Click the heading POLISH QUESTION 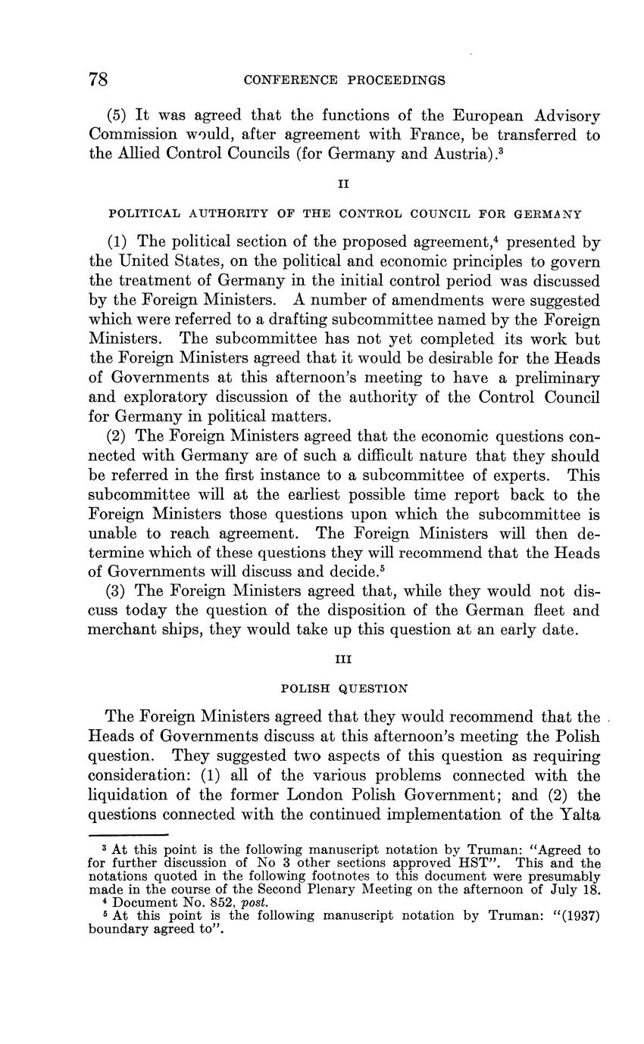pyautogui.click(x=345, y=689)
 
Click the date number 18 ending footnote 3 pyautogui.click(x=592, y=890)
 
